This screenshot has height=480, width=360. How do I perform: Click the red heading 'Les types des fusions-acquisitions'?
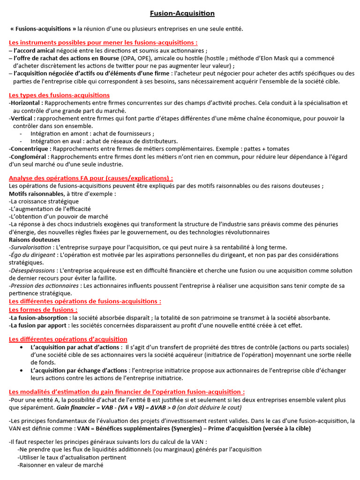[59, 95]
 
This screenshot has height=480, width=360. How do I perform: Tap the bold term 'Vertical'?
[22, 118]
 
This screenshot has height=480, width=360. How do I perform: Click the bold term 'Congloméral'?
[29, 157]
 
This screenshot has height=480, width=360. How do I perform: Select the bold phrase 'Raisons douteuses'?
[34, 240]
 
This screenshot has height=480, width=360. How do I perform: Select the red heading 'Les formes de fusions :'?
[43, 310]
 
